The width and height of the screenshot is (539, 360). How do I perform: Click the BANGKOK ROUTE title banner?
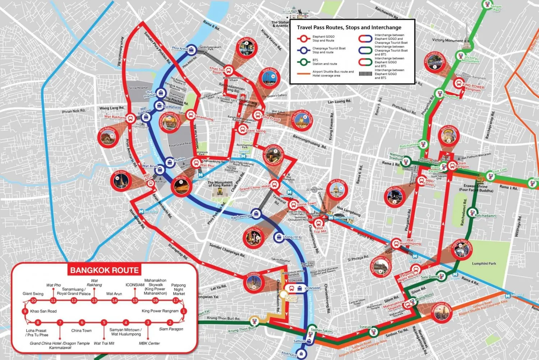104,270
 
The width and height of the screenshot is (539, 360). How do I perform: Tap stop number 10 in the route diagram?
33,301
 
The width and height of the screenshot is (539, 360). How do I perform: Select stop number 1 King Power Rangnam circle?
183,311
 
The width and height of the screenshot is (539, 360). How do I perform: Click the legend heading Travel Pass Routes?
349,27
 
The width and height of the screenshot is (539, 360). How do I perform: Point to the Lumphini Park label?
484,264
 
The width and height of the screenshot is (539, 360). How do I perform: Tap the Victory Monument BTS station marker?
460,56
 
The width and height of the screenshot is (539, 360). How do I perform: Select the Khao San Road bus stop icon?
229,70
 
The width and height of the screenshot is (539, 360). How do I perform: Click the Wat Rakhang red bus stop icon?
131,118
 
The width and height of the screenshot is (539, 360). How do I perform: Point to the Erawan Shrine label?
476,188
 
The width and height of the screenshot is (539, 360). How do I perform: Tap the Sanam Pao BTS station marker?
487,5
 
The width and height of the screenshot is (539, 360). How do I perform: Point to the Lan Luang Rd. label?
339,102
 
